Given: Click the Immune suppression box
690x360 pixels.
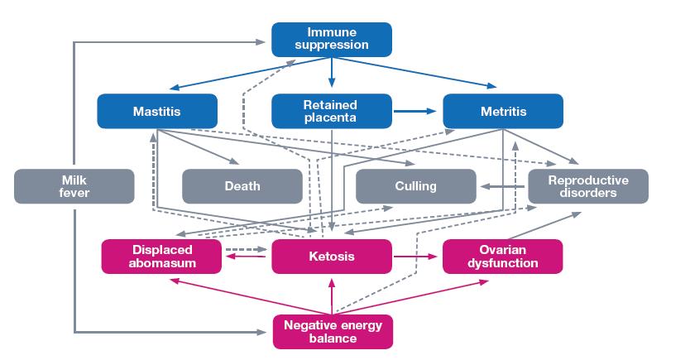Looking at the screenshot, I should [332, 39].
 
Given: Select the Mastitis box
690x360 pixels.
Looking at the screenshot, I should [157, 111].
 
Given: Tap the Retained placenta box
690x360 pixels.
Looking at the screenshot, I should [332, 111].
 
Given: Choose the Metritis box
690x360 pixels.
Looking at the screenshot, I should [503, 111].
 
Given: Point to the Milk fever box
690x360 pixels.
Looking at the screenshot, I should [74, 186].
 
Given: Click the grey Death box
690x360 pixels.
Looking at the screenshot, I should [242, 186].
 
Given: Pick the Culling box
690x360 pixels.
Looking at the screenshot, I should [416, 186].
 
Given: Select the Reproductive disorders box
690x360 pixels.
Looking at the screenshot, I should [588, 186].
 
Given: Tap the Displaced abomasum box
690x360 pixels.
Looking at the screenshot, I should [161, 257].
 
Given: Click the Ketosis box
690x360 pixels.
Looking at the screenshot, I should [332, 257].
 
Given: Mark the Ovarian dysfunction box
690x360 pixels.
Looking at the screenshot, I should [503, 257].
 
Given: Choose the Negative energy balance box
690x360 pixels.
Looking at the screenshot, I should [332, 331].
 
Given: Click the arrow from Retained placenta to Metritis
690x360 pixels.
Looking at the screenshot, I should [418, 111].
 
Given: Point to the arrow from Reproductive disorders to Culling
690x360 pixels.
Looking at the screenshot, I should [503, 186].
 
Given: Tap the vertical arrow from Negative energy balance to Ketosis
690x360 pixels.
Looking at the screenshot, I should [332, 295].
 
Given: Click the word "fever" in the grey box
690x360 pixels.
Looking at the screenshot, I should [74, 193].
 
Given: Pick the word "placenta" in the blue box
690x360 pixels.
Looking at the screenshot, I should [332, 118].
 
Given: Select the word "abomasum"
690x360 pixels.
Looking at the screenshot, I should [161, 263].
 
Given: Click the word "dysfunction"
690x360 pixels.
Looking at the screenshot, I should [503, 263].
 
